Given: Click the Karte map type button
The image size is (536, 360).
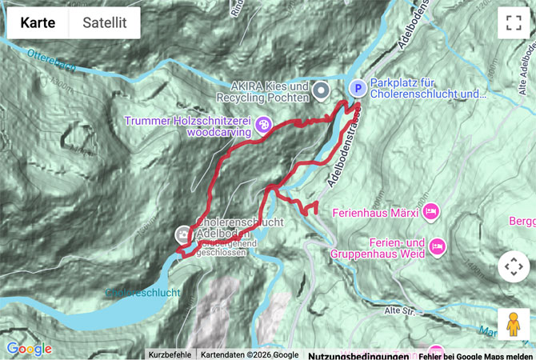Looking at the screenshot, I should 38,23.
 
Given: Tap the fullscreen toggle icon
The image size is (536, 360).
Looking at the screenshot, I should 513,23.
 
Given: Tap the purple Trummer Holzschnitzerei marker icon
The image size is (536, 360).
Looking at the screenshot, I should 264,125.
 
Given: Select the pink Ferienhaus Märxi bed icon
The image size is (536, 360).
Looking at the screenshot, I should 431,212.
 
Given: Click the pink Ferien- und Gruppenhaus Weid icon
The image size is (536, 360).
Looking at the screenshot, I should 436,245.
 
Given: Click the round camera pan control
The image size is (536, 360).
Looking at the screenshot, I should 513,266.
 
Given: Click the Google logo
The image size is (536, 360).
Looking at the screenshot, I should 29,349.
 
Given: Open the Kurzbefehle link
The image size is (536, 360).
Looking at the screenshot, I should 170,354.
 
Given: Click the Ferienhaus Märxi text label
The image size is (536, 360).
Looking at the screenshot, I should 382,212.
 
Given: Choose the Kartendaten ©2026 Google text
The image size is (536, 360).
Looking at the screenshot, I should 250,354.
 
